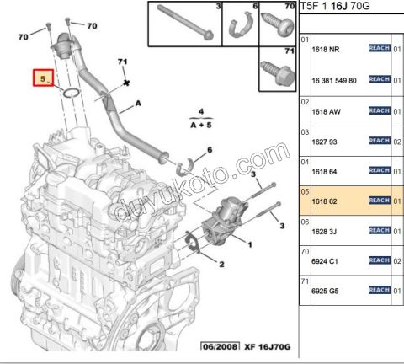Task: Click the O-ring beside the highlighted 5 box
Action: point(72,92)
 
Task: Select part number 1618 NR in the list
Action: point(326,50)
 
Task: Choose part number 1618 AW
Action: point(327,111)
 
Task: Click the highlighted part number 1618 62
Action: point(325,202)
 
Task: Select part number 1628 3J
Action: point(325,232)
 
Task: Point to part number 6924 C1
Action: point(326,262)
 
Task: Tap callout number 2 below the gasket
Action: point(221,265)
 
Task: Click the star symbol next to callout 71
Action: point(125,83)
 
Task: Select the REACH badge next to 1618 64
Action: point(378,172)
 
